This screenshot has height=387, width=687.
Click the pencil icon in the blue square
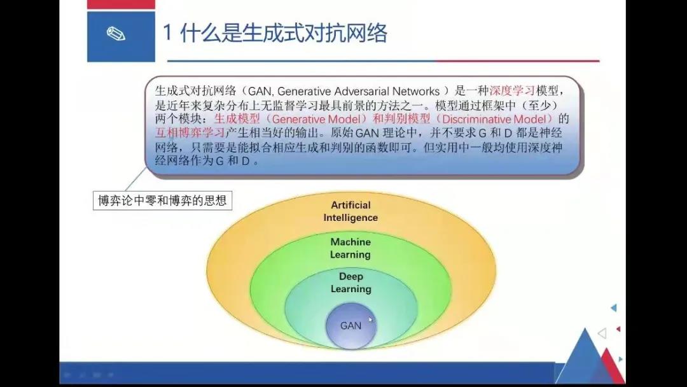[x=116, y=34]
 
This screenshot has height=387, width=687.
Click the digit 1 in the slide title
[x=167, y=33]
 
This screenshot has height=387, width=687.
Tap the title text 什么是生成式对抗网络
[x=284, y=33]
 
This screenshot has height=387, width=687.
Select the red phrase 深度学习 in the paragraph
[x=511, y=91]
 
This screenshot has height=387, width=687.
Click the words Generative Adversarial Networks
[x=358, y=91]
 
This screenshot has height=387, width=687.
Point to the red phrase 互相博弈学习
[x=190, y=132]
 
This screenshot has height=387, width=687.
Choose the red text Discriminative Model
[x=495, y=119]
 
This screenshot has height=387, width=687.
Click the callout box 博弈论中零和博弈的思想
[x=162, y=201]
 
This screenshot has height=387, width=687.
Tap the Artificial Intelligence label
[x=350, y=211]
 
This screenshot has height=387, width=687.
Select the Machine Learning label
[x=350, y=248]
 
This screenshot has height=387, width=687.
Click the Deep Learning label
[x=351, y=283]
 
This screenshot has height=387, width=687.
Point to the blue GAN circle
[x=351, y=326]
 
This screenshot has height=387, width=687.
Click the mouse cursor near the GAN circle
[x=371, y=320]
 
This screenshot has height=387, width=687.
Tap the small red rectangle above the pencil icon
[x=121, y=4]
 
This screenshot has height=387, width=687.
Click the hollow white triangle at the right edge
[x=602, y=333]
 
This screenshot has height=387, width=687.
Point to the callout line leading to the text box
[x=136, y=179]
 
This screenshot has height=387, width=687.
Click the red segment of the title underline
[x=517, y=61]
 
